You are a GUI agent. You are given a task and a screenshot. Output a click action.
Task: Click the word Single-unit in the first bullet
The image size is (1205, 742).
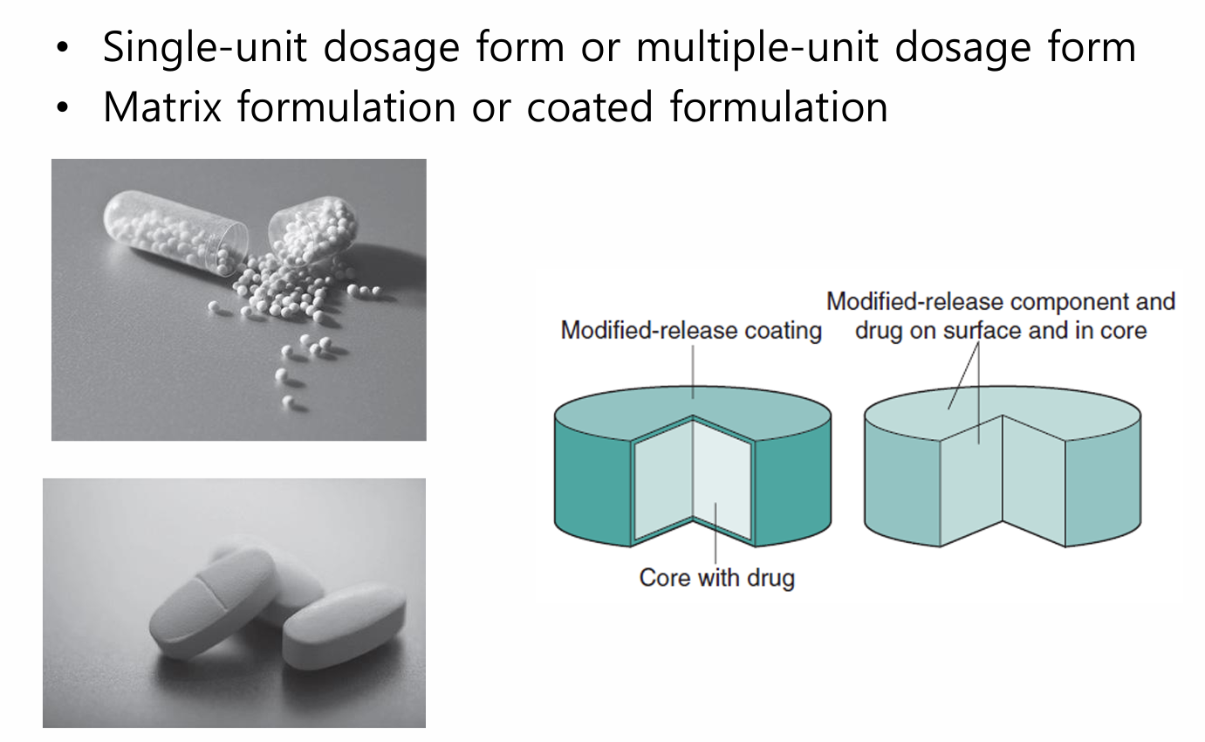(204, 47)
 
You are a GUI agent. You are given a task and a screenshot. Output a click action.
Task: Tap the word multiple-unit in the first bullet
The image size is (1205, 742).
(757, 47)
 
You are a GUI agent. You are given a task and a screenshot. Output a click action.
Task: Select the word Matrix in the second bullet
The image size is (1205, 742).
(162, 106)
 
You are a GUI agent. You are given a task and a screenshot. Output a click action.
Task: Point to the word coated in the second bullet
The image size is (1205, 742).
(590, 106)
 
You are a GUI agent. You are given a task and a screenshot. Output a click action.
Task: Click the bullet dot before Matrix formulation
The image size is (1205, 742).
(63, 107)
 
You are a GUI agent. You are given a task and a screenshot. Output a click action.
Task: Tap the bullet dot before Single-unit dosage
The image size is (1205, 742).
(63, 47)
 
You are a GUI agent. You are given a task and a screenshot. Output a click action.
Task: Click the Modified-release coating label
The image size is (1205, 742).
(691, 330)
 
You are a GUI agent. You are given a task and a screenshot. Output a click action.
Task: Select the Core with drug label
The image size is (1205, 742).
(716, 578)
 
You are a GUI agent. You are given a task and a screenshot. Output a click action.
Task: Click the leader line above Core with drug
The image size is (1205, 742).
(715, 533)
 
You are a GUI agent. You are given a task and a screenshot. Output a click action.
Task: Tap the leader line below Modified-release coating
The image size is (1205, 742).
(693, 372)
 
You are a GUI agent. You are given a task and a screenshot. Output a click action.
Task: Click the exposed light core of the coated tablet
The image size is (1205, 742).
(693, 480)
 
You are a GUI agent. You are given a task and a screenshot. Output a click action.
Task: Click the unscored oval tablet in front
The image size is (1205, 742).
(344, 626)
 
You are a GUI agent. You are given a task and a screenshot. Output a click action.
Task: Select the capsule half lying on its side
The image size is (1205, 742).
(175, 229)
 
